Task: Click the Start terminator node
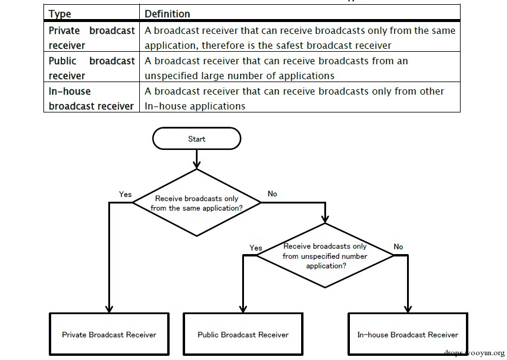(x=196, y=139)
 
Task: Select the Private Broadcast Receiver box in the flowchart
(x=109, y=334)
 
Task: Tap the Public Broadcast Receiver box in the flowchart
(x=243, y=334)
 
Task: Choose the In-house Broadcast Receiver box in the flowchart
(x=408, y=334)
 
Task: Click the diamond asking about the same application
(x=196, y=203)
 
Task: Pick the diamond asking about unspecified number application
(x=325, y=255)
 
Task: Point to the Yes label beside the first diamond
(x=125, y=194)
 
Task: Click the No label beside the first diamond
(x=273, y=193)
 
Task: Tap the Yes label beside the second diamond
(x=256, y=248)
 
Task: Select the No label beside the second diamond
(x=398, y=246)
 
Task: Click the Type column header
(x=60, y=14)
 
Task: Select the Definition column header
(x=167, y=14)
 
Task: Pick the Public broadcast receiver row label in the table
(x=92, y=68)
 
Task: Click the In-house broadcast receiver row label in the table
(x=91, y=99)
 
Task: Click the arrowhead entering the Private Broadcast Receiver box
(x=109, y=309)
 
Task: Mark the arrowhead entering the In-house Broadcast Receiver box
(x=408, y=309)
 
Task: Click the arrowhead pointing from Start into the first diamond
(x=196, y=164)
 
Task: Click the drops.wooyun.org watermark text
(x=474, y=352)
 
